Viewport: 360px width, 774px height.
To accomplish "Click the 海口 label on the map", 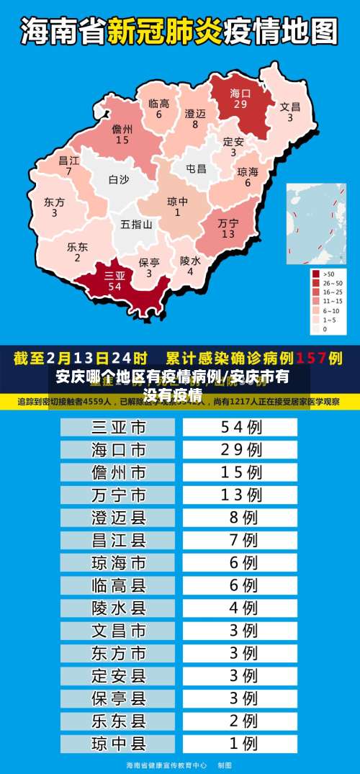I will tap(240, 94).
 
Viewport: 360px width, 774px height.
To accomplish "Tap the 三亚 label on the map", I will tap(114, 275).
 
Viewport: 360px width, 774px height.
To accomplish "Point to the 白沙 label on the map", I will tap(119, 180).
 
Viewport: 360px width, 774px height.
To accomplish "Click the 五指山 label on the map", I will tap(136, 224).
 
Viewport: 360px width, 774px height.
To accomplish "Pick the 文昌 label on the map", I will tap(290, 107).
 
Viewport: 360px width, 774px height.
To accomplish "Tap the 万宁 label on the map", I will tap(228, 223).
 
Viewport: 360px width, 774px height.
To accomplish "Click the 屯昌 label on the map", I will tap(196, 169).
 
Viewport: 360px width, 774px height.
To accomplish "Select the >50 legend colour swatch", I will tap(316, 274).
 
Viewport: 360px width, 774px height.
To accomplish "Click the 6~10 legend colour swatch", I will tap(316, 310).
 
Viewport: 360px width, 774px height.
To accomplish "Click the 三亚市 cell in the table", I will tap(118, 428).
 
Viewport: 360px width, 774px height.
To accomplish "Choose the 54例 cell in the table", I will tap(240, 428).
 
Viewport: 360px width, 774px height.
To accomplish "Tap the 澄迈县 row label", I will tap(118, 517).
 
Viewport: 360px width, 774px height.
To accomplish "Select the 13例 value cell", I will tap(240, 495).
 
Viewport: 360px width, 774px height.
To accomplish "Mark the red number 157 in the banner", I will tap(311, 357).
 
